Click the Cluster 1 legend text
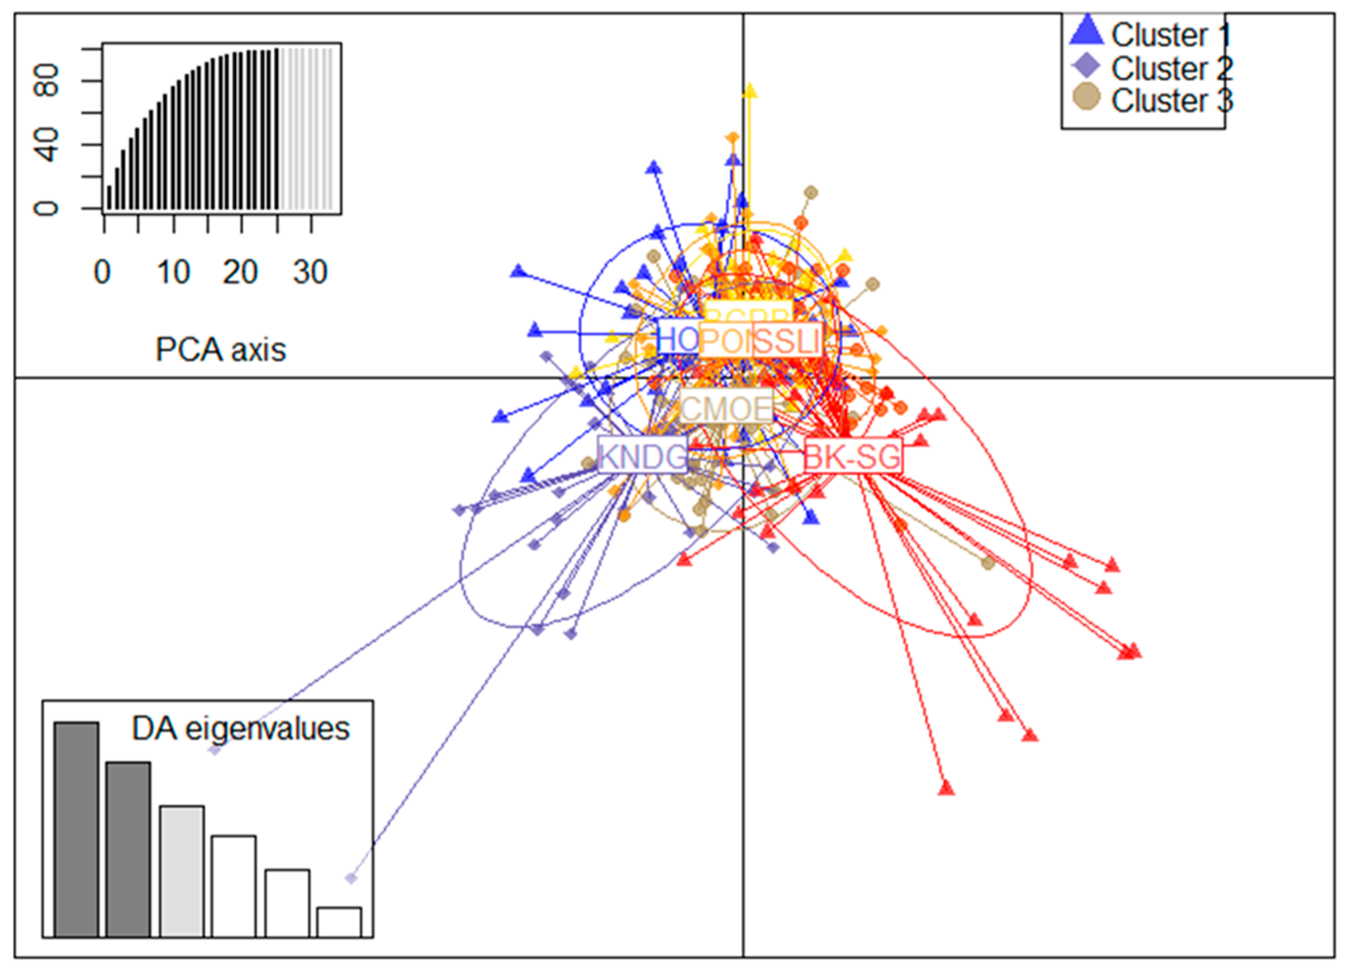[x=1171, y=36]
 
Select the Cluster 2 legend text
[x=1171, y=69]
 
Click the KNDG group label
[x=642, y=456]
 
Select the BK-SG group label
[x=853, y=457]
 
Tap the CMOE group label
[x=726, y=408]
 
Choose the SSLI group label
[x=788, y=341]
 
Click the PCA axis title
[x=220, y=350]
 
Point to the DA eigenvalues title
[x=241, y=729]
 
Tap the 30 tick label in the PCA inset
[x=310, y=273]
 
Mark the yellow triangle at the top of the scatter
[x=750, y=91]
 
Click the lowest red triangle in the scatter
[x=946, y=789]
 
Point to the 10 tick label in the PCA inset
[x=174, y=273]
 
